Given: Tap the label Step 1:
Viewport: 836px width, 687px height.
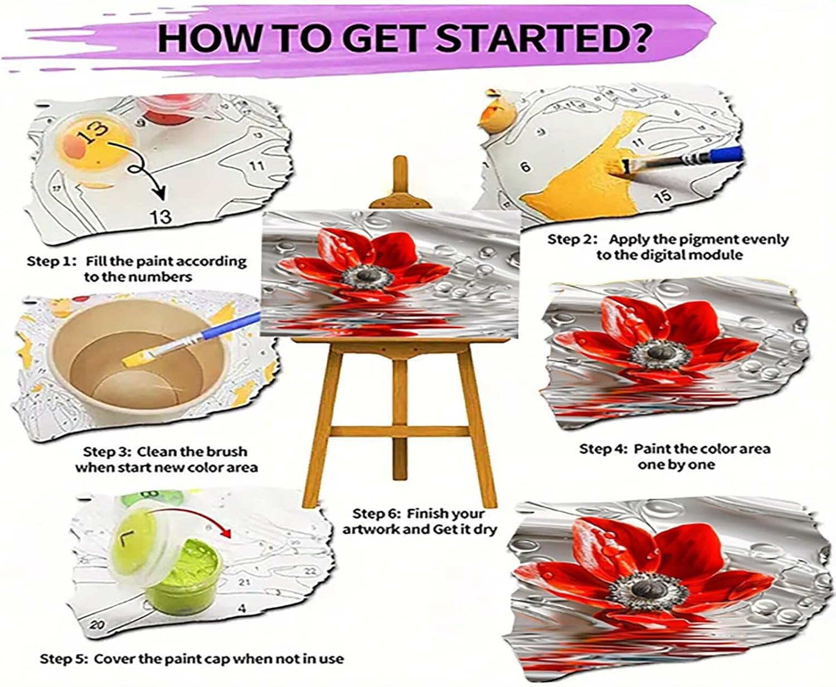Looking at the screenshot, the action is tap(51, 262).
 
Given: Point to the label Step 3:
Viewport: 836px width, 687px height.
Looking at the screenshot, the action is tap(108, 452).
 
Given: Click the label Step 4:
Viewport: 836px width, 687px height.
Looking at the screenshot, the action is tap(604, 449).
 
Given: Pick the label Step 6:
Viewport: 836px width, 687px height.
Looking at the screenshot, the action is tap(377, 514).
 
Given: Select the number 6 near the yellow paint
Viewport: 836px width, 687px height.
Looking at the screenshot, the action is tap(526, 167).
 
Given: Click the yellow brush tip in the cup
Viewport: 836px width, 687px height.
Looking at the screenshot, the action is tap(139, 358).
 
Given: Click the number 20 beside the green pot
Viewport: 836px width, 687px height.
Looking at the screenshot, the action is tap(97, 626).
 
